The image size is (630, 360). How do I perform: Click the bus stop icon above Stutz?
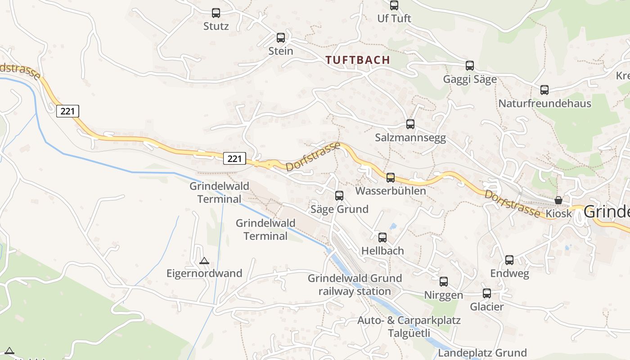point(216,13)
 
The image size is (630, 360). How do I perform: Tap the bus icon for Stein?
point(281,38)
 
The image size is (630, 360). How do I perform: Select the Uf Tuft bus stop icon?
point(394,5)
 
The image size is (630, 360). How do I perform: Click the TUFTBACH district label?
point(358,60)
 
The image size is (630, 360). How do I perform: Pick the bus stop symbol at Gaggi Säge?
point(470,66)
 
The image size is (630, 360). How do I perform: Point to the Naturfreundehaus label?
point(544,103)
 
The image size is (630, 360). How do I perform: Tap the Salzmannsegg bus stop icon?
point(410,124)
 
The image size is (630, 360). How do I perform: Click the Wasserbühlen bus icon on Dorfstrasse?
point(391,178)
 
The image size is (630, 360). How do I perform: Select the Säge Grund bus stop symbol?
point(339,196)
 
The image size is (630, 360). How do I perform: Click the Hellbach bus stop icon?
point(382,238)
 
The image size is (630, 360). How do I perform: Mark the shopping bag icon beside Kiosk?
point(558,200)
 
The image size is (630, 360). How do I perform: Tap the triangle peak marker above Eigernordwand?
point(204,261)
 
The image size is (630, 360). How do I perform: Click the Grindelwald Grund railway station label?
point(355,285)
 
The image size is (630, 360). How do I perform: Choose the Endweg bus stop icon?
point(509,260)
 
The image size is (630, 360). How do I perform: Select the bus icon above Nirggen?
point(444,282)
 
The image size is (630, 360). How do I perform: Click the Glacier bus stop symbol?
point(487,293)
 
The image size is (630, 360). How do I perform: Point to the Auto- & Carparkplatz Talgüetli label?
point(409,327)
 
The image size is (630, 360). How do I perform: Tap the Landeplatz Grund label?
point(483,352)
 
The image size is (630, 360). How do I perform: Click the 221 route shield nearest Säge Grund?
point(234,158)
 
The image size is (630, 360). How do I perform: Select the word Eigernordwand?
point(204,273)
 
